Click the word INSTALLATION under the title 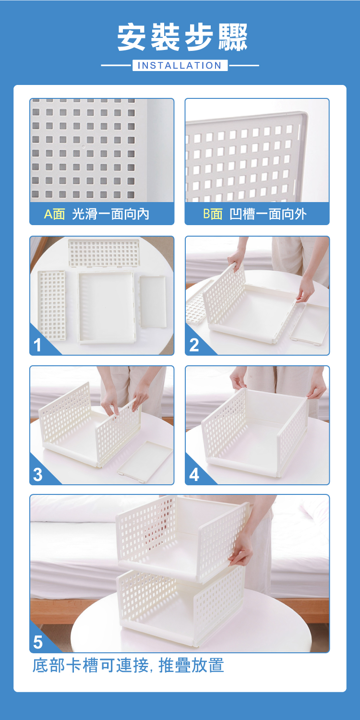tap(180, 66)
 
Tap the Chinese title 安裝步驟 tap(182, 37)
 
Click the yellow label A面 tap(55, 214)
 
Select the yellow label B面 tap(213, 214)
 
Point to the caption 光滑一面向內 tap(110, 214)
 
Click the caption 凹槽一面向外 tap(268, 214)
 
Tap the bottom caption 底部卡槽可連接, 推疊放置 tap(128, 665)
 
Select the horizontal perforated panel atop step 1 tap(104, 253)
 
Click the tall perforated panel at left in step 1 tap(52, 305)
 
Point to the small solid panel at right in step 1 tap(153, 301)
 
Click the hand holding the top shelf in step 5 tap(241, 552)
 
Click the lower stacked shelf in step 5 tap(180, 608)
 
